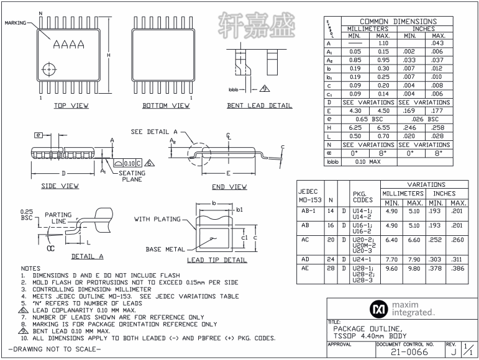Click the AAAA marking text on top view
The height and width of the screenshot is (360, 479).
pos(68,45)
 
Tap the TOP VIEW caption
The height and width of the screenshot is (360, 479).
pos(71,106)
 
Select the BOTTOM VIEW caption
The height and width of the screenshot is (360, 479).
pos(166,106)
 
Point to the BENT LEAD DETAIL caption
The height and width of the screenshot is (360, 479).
pos(259,106)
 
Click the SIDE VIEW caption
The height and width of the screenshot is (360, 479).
pos(60,186)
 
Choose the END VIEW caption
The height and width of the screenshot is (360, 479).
pos(229,186)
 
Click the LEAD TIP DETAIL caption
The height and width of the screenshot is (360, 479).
pos(217,260)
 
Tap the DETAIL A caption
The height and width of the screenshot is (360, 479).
pos(87,256)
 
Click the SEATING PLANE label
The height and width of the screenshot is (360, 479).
pos(132,176)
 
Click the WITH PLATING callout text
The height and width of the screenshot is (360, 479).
pos(157,218)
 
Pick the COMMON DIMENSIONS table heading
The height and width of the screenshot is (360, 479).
pos(398,21)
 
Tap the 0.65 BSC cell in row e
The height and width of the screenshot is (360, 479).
pos(369,118)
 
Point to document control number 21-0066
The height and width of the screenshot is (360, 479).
pos(409,352)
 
